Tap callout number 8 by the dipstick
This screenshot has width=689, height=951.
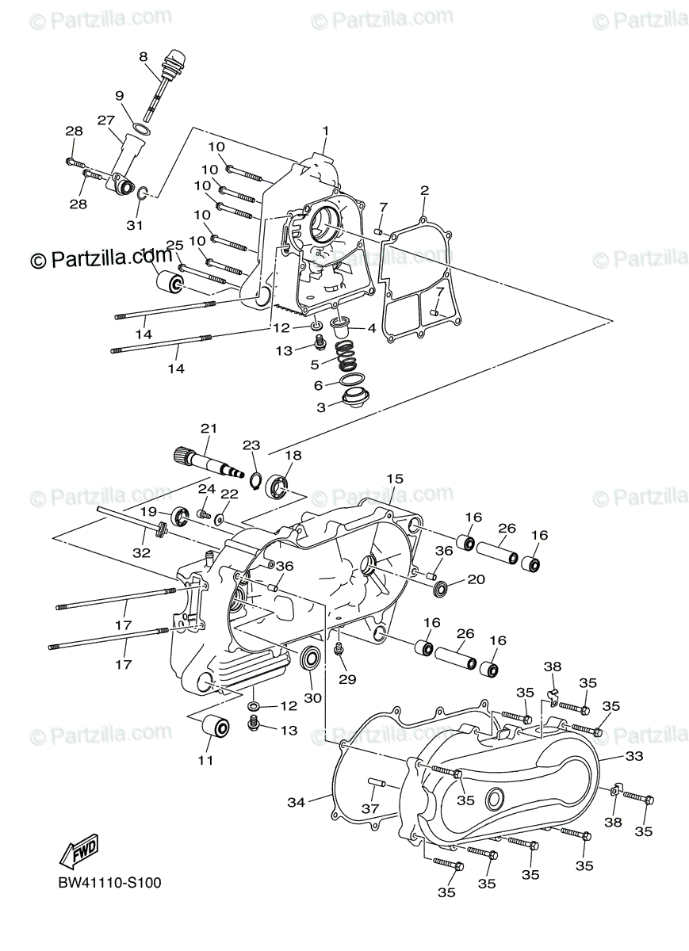pyautogui.click(x=144, y=56)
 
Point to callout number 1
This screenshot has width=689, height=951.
pyautogui.click(x=324, y=131)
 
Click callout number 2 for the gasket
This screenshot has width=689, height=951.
pyautogui.click(x=424, y=190)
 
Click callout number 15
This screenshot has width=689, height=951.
pyautogui.click(x=394, y=479)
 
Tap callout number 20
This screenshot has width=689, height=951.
pyautogui.click(x=475, y=579)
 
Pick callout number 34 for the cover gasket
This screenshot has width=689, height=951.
pyautogui.click(x=296, y=803)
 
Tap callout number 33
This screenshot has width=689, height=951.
pyautogui.click(x=633, y=757)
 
